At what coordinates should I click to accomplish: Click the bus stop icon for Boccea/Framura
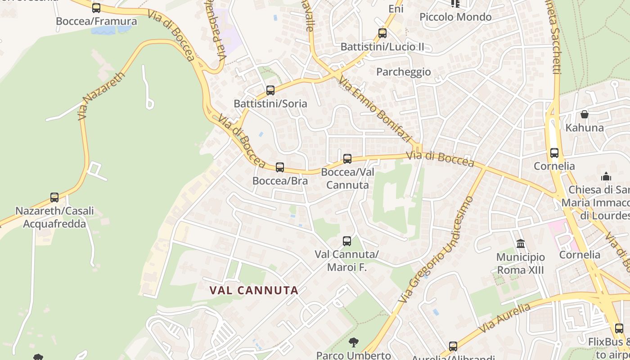pyautogui.click(x=96, y=8)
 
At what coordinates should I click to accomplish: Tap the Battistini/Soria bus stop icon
pyautogui.click(x=270, y=90)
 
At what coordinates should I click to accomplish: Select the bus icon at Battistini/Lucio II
pyautogui.click(x=382, y=33)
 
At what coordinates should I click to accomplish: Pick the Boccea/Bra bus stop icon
pyautogui.click(x=280, y=167)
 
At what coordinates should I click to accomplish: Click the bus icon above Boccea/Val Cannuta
pyautogui.click(x=347, y=159)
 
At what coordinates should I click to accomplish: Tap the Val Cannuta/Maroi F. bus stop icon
pyautogui.click(x=346, y=241)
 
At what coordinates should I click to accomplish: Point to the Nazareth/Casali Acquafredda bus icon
pyautogui.click(x=54, y=198)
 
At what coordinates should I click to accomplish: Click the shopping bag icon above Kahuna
pyautogui.click(x=584, y=115)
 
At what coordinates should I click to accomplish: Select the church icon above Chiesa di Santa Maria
pyautogui.click(x=606, y=176)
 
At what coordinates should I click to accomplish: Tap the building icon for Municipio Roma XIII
pyautogui.click(x=521, y=244)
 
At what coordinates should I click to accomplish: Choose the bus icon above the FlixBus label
pyautogui.click(x=619, y=328)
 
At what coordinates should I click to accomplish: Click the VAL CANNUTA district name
pyautogui.click(x=254, y=291)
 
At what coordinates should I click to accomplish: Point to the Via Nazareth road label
pyautogui.click(x=101, y=96)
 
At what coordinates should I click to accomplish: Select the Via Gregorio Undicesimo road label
pyautogui.click(x=436, y=249)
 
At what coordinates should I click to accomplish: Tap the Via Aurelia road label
pyautogui.click(x=504, y=318)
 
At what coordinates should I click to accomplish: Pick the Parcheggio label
pyautogui.click(x=403, y=72)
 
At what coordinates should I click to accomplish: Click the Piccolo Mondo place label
pyautogui.click(x=455, y=17)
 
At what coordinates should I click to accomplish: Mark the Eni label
pyautogui.click(x=396, y=9)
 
